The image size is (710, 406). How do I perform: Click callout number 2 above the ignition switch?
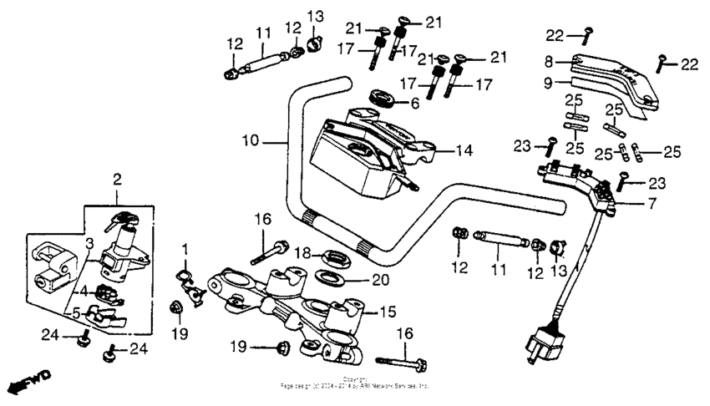(117, 179)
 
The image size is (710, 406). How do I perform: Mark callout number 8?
(549, 61)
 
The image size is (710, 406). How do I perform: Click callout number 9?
(549, 83)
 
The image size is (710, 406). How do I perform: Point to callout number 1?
(185, 248)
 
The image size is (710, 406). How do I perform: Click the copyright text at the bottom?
(355, 384)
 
